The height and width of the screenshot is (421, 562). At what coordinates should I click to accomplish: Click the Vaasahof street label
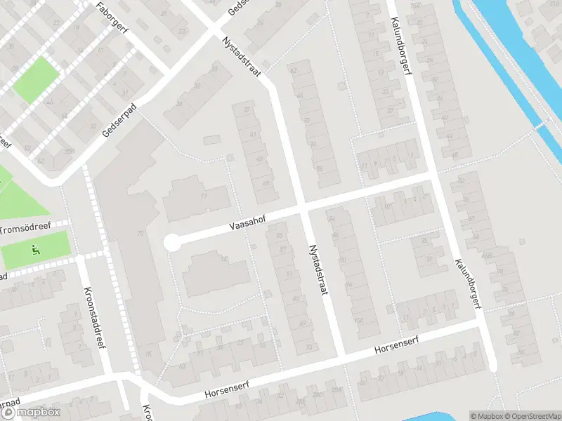coord(247,222)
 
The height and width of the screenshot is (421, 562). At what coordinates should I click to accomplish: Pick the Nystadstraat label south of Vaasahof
coord(318,269)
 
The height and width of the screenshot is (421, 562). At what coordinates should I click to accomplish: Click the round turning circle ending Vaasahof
coord(171,243)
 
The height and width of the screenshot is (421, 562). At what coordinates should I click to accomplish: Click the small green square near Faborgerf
coord(36,79)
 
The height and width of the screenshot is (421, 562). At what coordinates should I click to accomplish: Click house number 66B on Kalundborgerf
coord(486,255)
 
